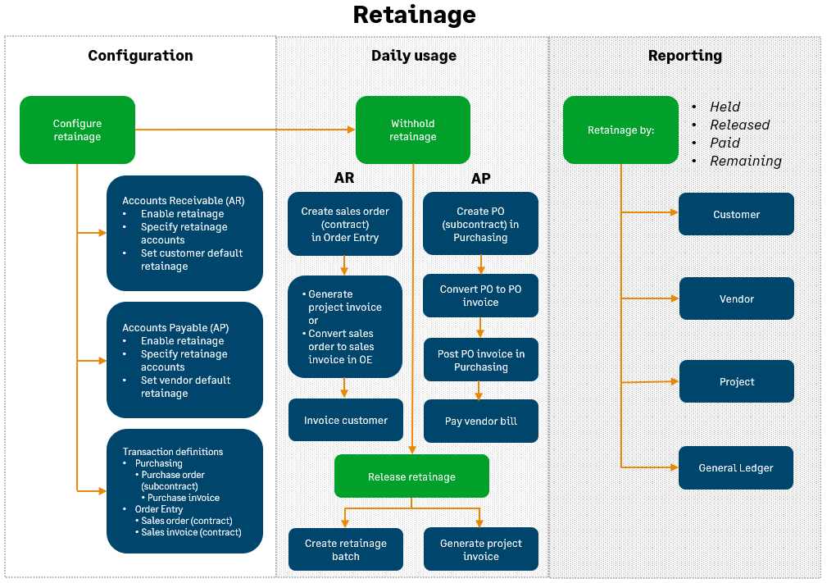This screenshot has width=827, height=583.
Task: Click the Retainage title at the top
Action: [414, 15]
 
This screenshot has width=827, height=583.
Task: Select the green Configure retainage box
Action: [77, 130]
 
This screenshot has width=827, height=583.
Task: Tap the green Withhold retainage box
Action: [412, 130]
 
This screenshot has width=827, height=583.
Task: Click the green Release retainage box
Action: [411, 476]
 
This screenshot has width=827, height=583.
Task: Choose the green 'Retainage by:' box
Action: [620, 130]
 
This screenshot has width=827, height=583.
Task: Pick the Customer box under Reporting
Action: [736, 214]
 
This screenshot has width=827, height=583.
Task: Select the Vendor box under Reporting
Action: [736, 298]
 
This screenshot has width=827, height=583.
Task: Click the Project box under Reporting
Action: [736, 381]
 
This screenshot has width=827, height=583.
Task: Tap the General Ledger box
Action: [735, 467]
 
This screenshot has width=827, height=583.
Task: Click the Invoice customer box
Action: [345, 420]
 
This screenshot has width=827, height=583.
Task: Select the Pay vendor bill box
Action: [480, 421]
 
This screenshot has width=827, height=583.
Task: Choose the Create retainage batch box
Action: [345, 549]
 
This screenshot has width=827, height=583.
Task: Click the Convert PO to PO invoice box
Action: [480, 295]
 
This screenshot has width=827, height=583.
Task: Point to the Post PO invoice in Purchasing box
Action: [480, 360]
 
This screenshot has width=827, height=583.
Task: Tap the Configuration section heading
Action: [140, 56]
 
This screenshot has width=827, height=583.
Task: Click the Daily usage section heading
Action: [414, 56]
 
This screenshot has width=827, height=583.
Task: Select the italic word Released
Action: [739, 125]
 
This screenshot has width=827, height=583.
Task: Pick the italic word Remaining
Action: [745, 161]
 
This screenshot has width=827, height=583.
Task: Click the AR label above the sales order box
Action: [344, 178]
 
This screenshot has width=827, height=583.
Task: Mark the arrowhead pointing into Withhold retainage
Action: [352, 130]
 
